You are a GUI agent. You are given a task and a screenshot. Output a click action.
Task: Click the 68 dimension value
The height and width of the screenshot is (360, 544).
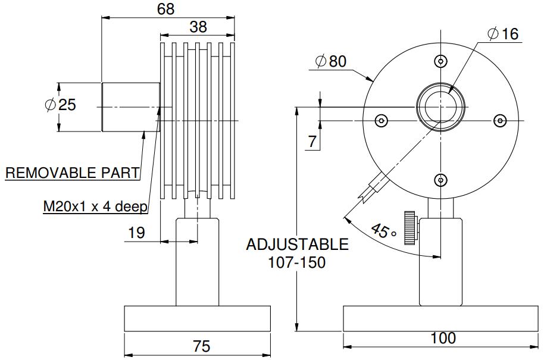(x=168, y=9)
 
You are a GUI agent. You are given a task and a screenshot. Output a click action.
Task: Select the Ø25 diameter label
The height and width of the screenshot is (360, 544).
(x=61, y=105)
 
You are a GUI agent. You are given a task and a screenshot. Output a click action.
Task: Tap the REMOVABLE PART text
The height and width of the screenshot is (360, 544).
(x=73, y=173)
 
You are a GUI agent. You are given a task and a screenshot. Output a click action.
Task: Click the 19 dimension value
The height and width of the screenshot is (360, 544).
(x=136, y=233)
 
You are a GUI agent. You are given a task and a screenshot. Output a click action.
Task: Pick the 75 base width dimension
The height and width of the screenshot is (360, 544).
(x=197, y=346)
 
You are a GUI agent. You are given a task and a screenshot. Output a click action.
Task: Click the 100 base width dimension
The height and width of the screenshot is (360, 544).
(x=442, y=338)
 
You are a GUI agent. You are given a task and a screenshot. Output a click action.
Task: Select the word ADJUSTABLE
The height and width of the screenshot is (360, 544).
(x=297, y=245)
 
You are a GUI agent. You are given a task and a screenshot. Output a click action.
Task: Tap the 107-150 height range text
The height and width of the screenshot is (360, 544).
(x=297, y=262)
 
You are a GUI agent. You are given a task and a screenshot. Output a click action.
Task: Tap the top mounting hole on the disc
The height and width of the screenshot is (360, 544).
(x=440, y=61)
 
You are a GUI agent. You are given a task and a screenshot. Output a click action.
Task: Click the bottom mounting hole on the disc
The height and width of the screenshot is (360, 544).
(x=440, y=179)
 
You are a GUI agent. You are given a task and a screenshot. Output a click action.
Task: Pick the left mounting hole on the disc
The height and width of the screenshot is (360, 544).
(x=382, y=120)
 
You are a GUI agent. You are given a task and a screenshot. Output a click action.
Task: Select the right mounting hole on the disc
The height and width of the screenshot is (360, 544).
(x=499, y=120)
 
